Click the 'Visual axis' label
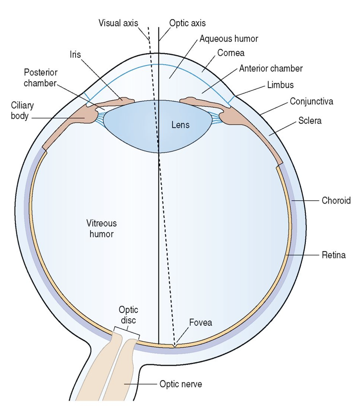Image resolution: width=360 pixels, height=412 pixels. pyautogui.click(x=118, y=23)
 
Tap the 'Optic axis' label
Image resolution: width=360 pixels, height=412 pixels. pyautogui.click(x=187, y=23)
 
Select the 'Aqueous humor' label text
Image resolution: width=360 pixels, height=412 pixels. pyautogui.click(x=229, y=38)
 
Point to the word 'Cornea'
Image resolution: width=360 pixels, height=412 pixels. pyautogui.click(x=230, y=53)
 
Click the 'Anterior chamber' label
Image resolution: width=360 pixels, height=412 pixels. pyautogui.click(x=271, y=68)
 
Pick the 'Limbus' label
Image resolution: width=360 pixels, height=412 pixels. pyautogui.click(x=280, y=85)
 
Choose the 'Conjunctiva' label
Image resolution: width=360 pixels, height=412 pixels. pyautogui.click(x=311, y=101)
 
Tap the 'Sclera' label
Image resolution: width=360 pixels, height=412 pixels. pyautogui.click(x=310, y=121)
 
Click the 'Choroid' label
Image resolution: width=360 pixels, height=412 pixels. pyautogui.click(x=336, y=200)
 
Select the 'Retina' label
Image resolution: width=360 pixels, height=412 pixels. pyautogui.click(x=334, y=256)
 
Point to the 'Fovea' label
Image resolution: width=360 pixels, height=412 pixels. pyautogui.click(x=201, y=323)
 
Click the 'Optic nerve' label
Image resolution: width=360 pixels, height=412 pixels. pyautogui.click(x=181, y=384)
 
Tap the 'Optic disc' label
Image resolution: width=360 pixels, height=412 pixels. pyautogui.click(x=128, y=315)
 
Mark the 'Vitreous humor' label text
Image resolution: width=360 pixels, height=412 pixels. pyautogui.click(x=102, y=229)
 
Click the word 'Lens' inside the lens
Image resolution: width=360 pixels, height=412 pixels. pyautogui.click(x=180, y=125)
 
